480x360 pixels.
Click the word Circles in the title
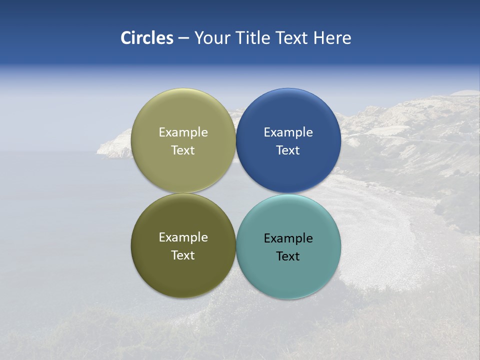(146, 38)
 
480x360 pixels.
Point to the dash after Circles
(183, 38)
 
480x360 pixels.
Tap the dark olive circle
(183, 272)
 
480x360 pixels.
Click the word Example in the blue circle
(288, 132)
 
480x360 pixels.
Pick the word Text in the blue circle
(288, 150)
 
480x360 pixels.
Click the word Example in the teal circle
(288, 238)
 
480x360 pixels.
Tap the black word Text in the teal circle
(288, 256)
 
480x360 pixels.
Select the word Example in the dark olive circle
(183, 237)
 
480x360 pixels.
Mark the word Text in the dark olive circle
(183, 255)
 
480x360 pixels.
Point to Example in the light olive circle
(183, 132)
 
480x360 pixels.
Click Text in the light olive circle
(183, 150)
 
